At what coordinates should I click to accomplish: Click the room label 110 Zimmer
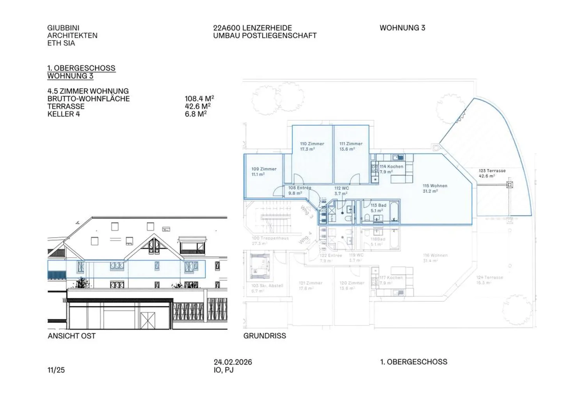[312, 144]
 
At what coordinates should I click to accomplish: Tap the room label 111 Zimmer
[351, 144]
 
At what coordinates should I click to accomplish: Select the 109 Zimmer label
[264, 169]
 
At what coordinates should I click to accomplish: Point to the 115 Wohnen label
[435, 186]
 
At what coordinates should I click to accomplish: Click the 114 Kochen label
[391, 166]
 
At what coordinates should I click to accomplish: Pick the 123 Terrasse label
[492, 171]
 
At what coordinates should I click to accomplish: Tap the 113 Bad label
[378, 205]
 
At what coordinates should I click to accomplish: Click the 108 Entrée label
[300, 188]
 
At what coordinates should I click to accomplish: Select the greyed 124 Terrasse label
[489, 278]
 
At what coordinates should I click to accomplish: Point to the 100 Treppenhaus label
[270, 238]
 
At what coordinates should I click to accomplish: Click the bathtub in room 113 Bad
[394, 211]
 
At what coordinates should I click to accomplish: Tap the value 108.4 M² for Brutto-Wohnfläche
[199, 99]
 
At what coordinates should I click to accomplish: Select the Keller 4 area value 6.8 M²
[196, 114]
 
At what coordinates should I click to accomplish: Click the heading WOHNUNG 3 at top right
[402, 28]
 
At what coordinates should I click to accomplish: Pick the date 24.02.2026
[233, 362]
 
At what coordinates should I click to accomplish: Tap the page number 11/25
[56, 370]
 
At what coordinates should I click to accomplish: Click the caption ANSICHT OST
[71, 336]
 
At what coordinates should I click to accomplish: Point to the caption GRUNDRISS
[264, 336]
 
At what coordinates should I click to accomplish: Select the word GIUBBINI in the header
[63, 28]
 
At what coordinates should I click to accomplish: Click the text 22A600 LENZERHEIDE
[252, 28]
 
